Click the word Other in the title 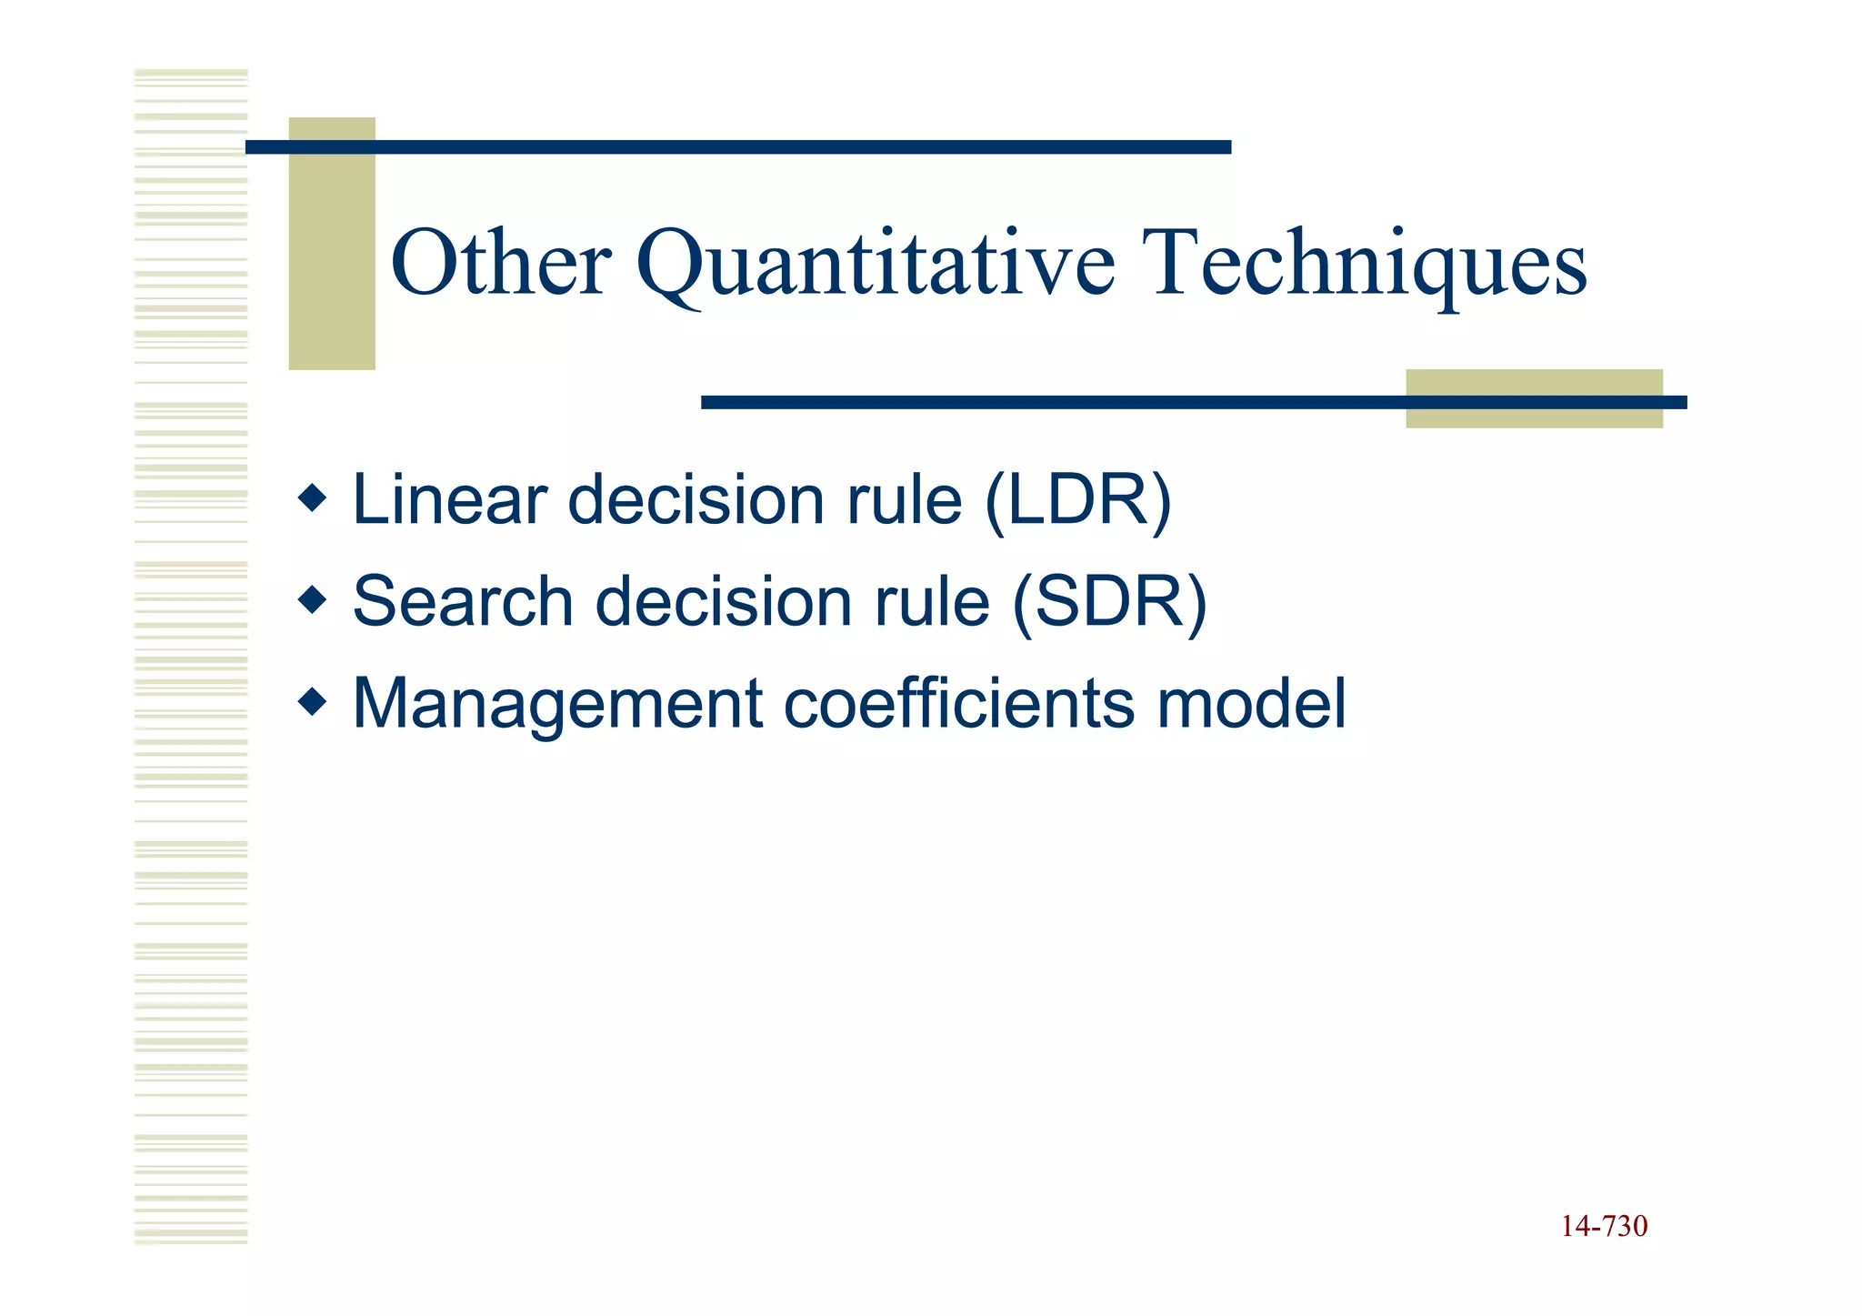tap(501, 264)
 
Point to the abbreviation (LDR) tap(1078, 501)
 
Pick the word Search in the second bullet tap(463, 602)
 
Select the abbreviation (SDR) tap(1109, 603)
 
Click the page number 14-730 tap(1604, 1227)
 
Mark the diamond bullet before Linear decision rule tap(312, 498)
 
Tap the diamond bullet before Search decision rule tap(312, 600)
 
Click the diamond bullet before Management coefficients tap(312, 702)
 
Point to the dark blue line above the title tap(738, 147)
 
